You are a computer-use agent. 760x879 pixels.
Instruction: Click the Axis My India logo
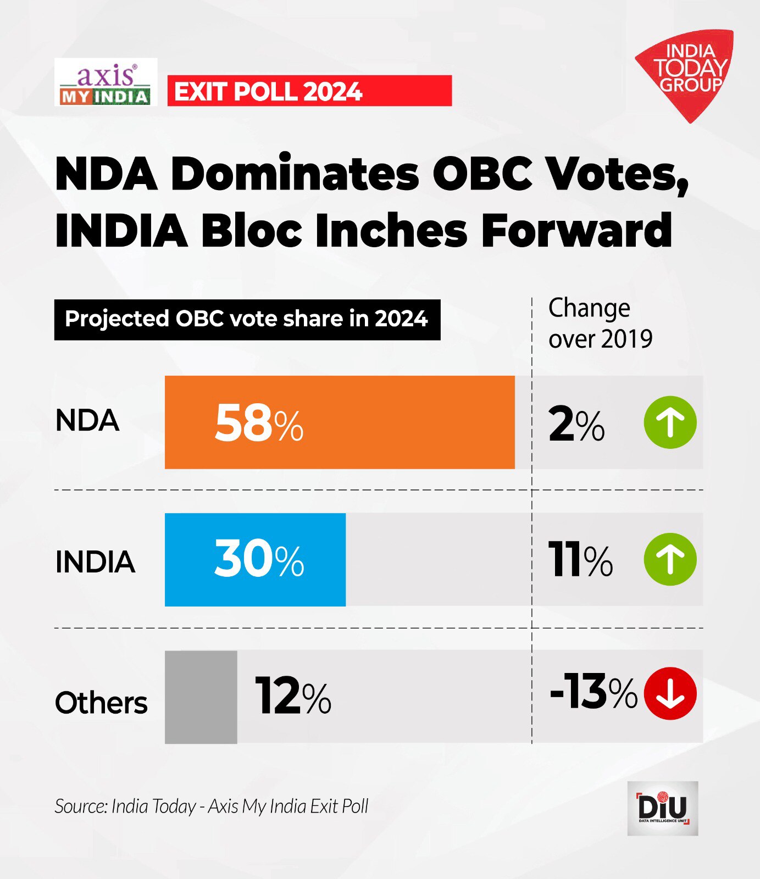pyautogui.click(x=106, y=82)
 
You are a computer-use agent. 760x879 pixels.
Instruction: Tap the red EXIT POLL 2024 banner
pyautogui.click(x=309, y=91)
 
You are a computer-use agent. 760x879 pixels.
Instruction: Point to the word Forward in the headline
pyautogui.click(x=576, y=231)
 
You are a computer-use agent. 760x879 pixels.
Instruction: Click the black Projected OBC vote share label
pyautogui.click(x=247, y=319)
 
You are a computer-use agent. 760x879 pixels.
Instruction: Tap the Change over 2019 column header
pyautogui.click(x=600, y=324)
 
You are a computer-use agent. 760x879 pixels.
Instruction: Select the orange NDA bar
pyautogui.click(x=340, y=422)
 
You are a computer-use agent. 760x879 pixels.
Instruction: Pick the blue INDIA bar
pyautogui.click(x=255, y=559)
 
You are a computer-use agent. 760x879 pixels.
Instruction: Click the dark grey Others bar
pyautogui.click(x=201, y=697)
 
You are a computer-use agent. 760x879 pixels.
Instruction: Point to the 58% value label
pyautogui.click(x=259, y=423)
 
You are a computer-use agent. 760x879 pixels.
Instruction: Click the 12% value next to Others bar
pyautogui.click(x=293, y=696)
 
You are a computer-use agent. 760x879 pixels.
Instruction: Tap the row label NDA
pyautogui.click(x=87, y=421)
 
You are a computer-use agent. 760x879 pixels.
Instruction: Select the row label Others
pyautogui.click(x=101, y=703)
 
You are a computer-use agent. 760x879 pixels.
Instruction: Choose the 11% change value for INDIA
pyautogui.click(x=580, y=560)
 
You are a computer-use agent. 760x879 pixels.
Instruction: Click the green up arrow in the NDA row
pyautogui.click(x=670, y=422)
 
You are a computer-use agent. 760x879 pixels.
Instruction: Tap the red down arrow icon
pyautogui.click(x=670, y=693)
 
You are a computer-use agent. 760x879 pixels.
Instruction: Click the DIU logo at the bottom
pyautogui.click(x=663, y=809)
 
